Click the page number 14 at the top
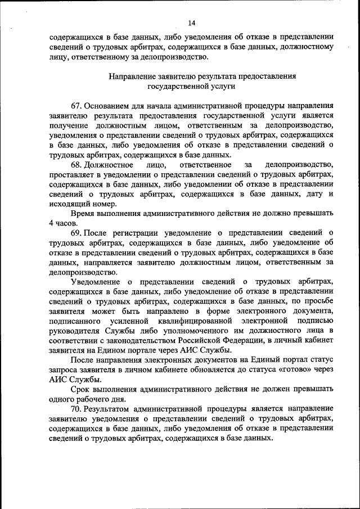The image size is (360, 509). [191, 22]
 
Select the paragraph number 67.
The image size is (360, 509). [76, 105]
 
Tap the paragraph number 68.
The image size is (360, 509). [76, 165]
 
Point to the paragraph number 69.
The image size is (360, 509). [76, 232]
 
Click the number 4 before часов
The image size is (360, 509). [51, 223]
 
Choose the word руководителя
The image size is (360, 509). [75, 330]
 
